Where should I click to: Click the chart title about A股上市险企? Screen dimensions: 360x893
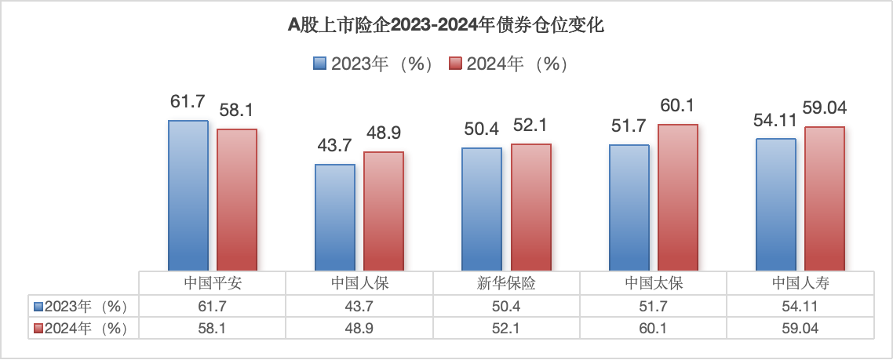click(446, 25)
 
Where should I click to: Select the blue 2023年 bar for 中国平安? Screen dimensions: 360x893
click(188, 196)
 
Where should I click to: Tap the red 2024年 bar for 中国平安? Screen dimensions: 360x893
click(237, 200)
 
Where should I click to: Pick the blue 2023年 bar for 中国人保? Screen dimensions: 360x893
click(334, 217)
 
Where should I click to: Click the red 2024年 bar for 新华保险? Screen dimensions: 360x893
click(530, 208)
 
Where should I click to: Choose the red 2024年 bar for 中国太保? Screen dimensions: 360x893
click(677, 198)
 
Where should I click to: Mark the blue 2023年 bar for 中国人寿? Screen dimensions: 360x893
click(775, 205)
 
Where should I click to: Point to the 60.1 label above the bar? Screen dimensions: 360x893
click(678, 106)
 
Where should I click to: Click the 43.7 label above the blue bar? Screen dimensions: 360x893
click(334, 146)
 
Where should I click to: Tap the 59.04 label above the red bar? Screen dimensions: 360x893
click(824, 107)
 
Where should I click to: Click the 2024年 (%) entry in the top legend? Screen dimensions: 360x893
click(508, 64)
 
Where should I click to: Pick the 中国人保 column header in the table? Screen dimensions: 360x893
click(359, 283)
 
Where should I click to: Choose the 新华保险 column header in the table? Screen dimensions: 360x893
click(506, 283)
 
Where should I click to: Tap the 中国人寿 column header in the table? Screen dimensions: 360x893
click(800, 283)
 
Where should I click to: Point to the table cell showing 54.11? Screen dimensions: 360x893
click(800, 306)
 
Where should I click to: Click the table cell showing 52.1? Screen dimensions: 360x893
click(506, 329)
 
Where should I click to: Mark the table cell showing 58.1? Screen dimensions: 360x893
click(212, 329)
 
